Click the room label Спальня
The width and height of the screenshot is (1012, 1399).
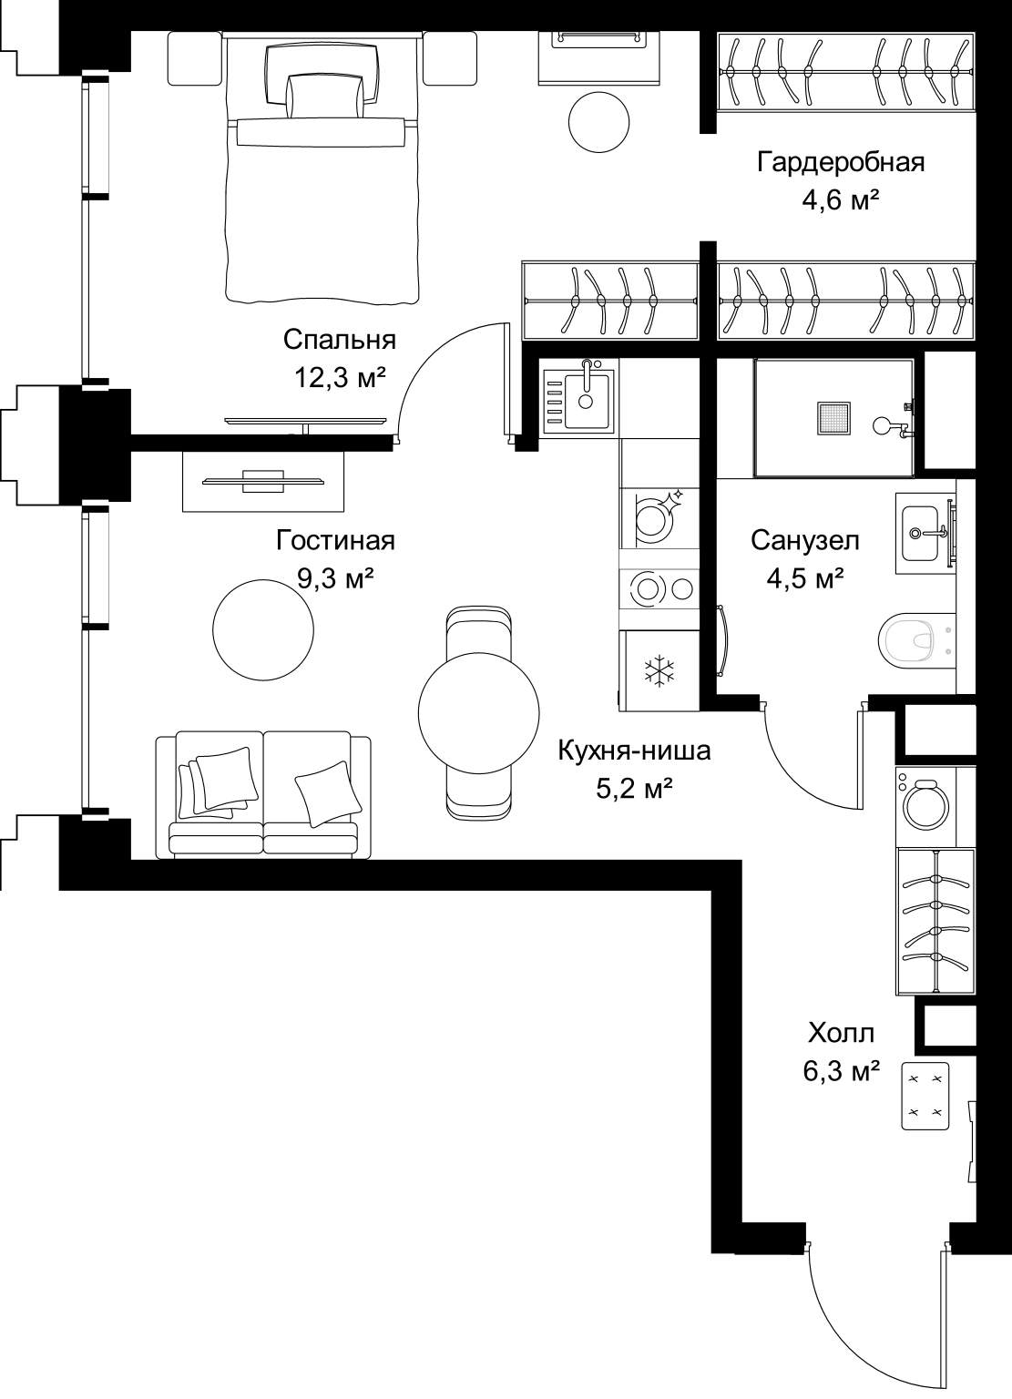(x=339, y=341)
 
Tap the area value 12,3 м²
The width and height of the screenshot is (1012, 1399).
(x=340, y=378)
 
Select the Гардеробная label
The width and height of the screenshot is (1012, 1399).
(x=841, y=162)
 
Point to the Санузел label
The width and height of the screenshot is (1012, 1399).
(x=805, y=540)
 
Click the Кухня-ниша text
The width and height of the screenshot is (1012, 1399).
(x=635, y=751)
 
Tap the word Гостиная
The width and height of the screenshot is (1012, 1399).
(x=335, y=540)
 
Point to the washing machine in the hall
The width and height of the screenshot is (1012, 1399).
(x=926, y=806)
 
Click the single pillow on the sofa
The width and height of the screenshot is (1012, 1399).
(x=328, y=793)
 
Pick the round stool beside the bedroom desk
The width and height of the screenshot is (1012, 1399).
(x=598, y=121)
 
